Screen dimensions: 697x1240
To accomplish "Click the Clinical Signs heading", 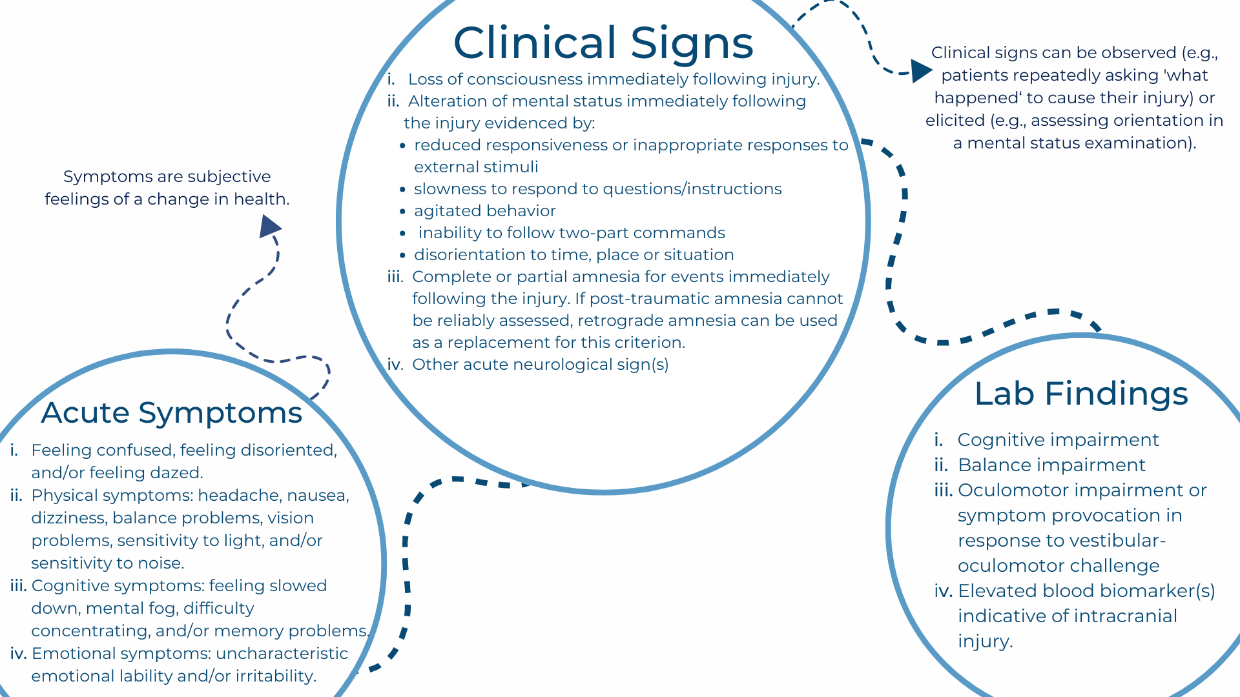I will click(603, 43).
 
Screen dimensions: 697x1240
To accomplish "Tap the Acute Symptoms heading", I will click(172, 413).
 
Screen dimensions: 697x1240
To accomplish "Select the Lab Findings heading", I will click(1081, 394).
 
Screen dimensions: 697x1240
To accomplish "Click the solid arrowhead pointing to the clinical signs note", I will click(920, 70).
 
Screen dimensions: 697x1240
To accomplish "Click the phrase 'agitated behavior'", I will click(484, 211).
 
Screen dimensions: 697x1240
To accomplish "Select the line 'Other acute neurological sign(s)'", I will click(540, 365).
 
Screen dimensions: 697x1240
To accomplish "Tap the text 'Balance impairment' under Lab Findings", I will click(1051, 465).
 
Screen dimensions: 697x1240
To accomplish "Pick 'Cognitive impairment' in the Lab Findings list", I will click(1058, 440).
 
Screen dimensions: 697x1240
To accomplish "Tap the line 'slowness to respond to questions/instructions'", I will click(597, 189).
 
